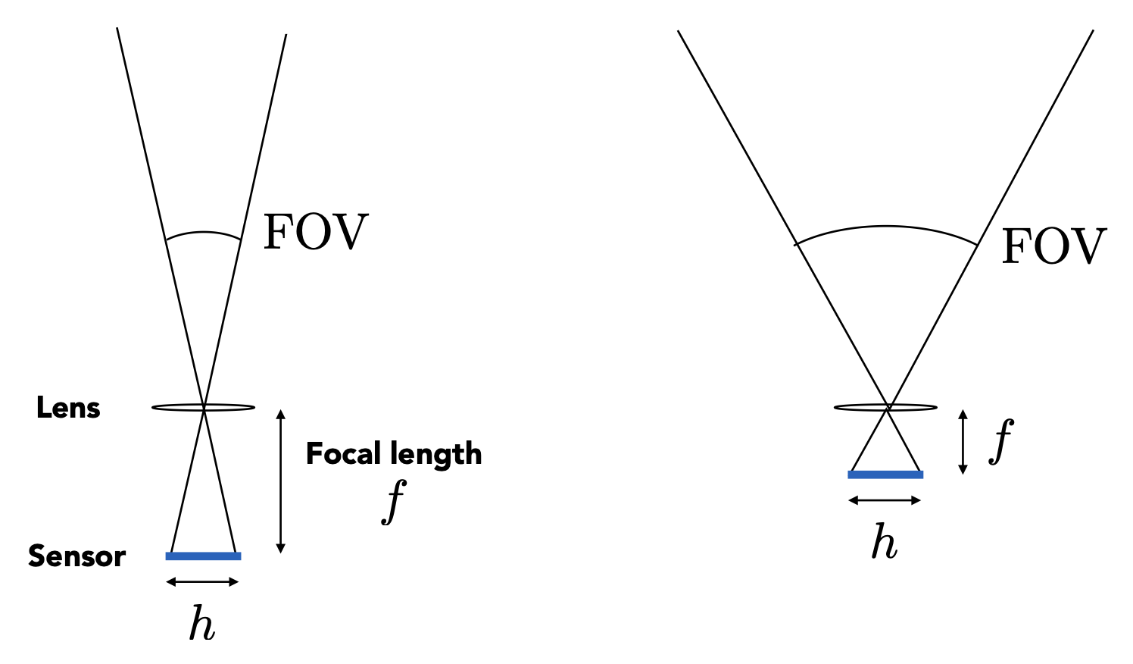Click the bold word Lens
click(x=68, y=409)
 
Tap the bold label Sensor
click(x=76, y=556)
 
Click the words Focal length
click(x=394, y=454)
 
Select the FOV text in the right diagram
click(x=1053, y=246)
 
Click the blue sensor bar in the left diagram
click(x=203, y=556)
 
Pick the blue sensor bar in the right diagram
click(x=885, y=475)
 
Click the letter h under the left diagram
click(x=202, y=625)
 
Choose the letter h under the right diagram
click(x=885, y=543)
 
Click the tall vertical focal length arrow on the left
click(x=281, y=481)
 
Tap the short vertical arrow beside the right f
click(x=963, y=442)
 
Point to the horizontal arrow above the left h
click(x=202, y=582)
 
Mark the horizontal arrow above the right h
click(x=885, y=500)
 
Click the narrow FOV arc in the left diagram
click(x=203, y=233)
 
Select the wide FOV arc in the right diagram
click(x=886, y=227)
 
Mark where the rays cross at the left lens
click(x=204, y=408)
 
